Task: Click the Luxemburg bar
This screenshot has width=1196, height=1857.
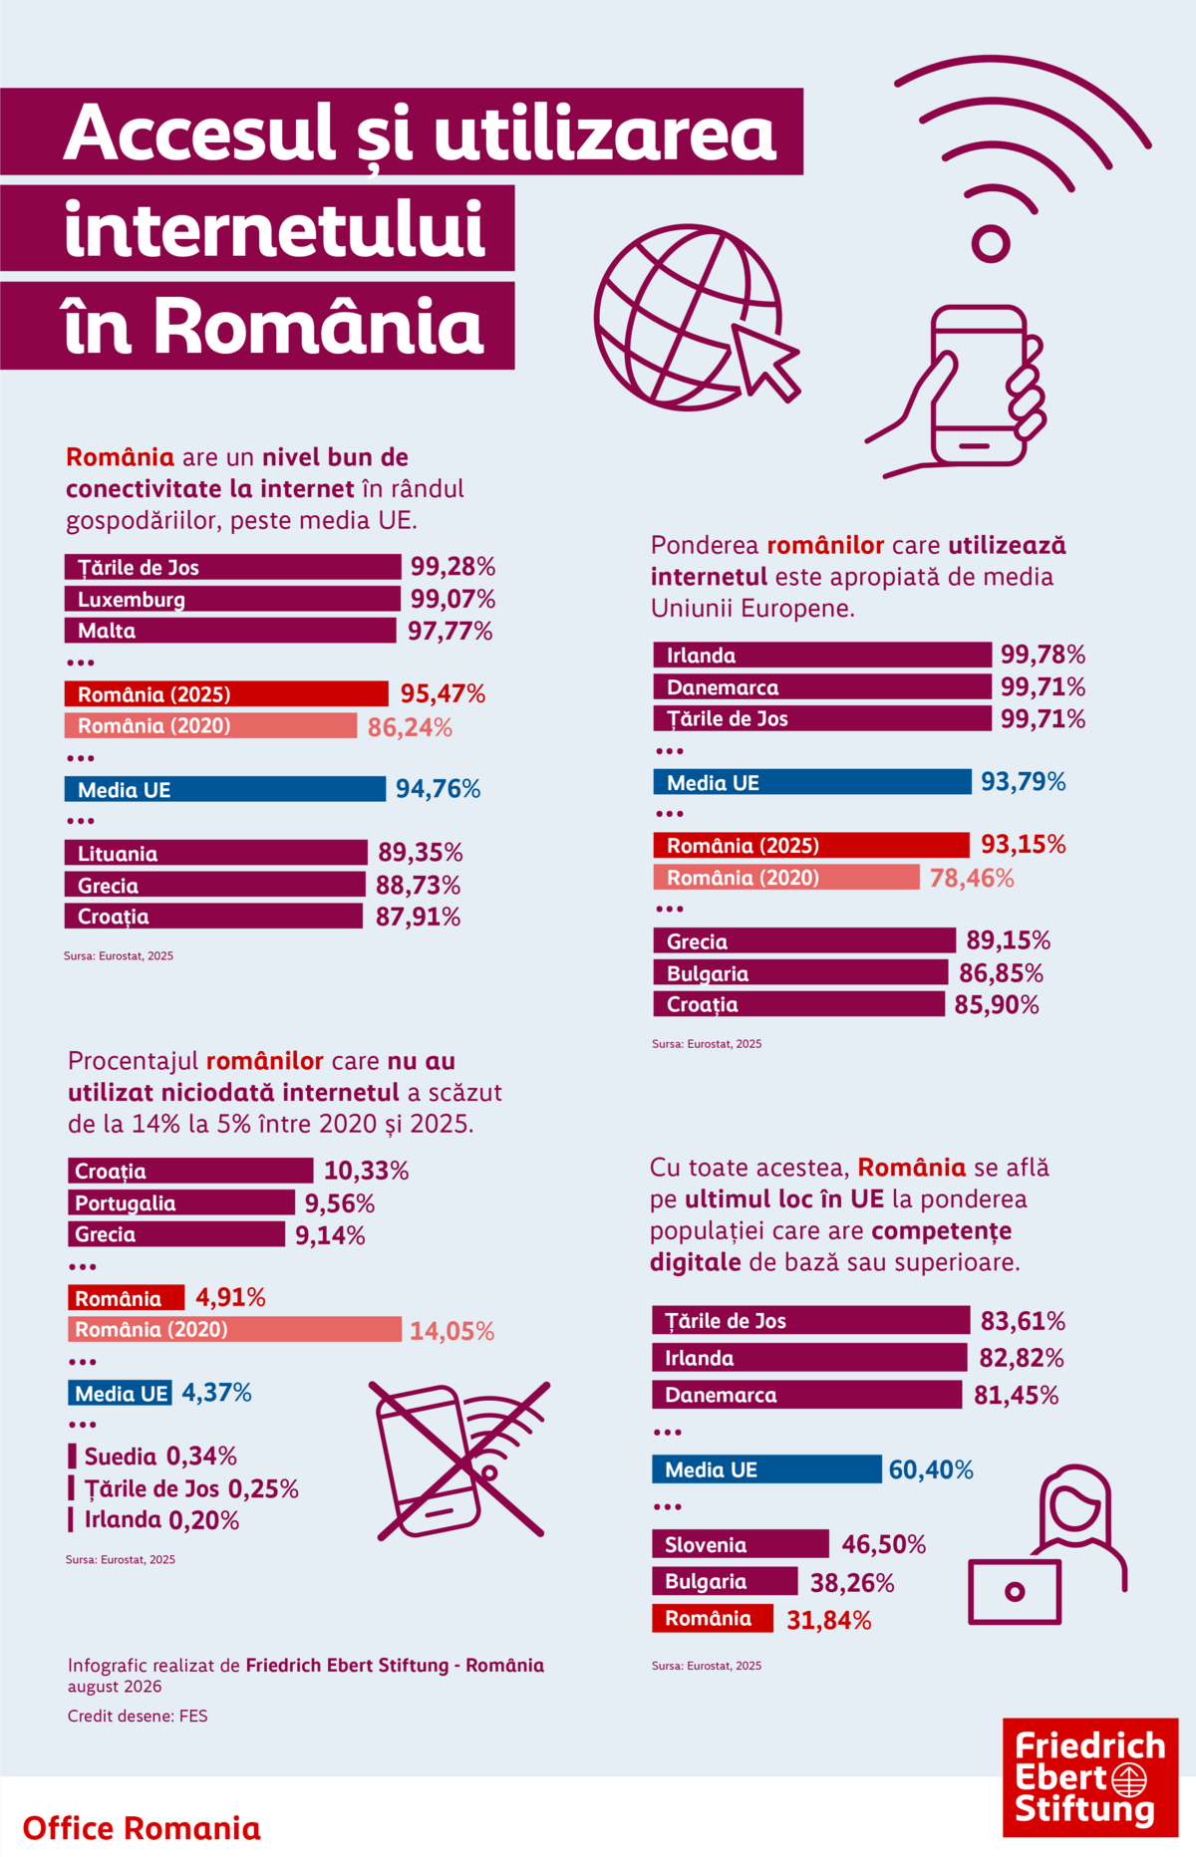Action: (232, 599)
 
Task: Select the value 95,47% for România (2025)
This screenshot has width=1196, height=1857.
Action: (443, 694)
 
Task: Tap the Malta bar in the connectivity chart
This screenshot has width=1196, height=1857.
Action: (230, 631)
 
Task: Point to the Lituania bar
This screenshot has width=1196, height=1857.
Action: (216, 853)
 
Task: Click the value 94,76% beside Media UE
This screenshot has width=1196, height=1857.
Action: (439, 789)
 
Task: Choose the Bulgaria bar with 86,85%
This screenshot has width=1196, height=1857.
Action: (800, 973)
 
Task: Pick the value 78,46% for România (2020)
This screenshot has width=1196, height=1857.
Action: (972, 878)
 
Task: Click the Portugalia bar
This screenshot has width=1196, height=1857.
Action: (181, 1202)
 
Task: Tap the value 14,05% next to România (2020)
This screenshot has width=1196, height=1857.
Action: (452, 1331)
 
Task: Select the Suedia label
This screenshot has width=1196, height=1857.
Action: (121, 1457)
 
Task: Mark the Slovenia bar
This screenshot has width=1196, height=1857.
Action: (741, 1544)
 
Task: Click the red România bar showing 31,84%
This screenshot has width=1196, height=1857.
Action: (713, 1618)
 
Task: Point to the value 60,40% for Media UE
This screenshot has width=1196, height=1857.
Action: (931, 1469)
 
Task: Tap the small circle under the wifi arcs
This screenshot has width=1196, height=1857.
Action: (991, 243)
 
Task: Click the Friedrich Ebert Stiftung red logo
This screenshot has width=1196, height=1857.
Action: (1090, 1777)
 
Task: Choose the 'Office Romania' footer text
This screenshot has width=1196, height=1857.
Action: (142, 1828)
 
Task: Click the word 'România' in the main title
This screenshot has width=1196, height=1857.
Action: (319, 325)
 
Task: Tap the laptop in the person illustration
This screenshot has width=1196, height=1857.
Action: (1015, 1592)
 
